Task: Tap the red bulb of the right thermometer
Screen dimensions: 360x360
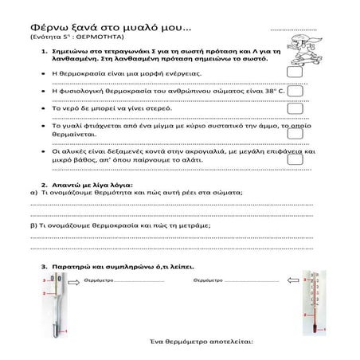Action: pos(321,333)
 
